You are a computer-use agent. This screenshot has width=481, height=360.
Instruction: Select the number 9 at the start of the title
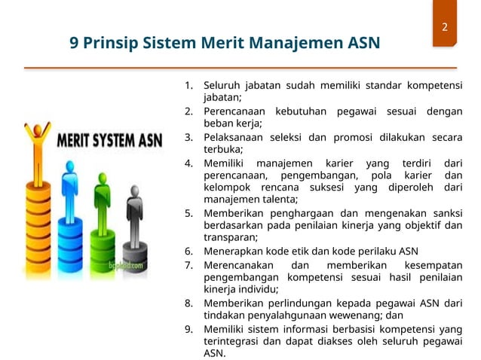[x=74, y=42]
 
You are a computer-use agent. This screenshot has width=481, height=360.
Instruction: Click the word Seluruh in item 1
[x=223, y=84]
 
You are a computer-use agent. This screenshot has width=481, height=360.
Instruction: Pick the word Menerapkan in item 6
[x=233, y=251]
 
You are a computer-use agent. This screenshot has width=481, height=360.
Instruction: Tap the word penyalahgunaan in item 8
[x=289, y=315]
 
